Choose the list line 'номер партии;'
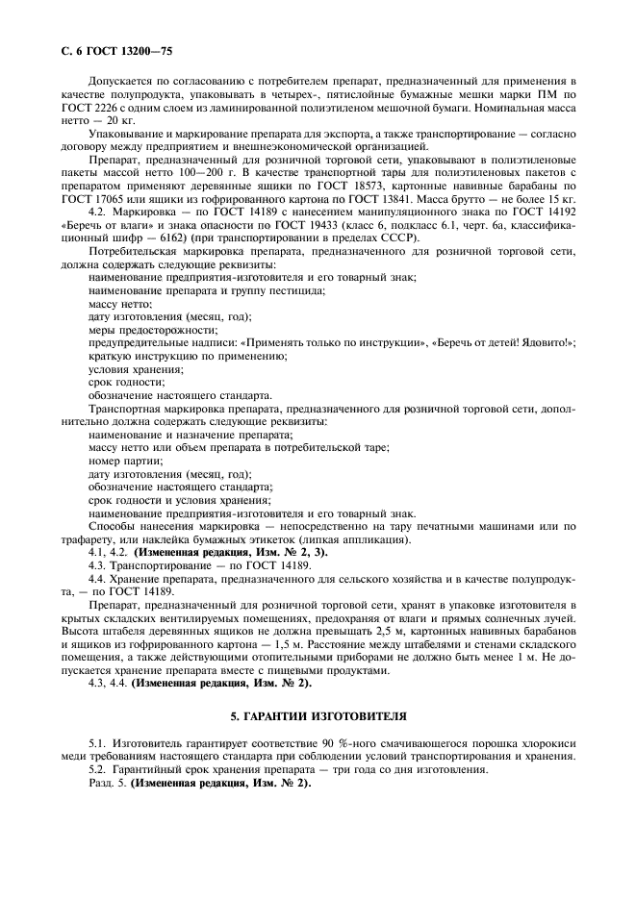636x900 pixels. (x=120, y=460)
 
